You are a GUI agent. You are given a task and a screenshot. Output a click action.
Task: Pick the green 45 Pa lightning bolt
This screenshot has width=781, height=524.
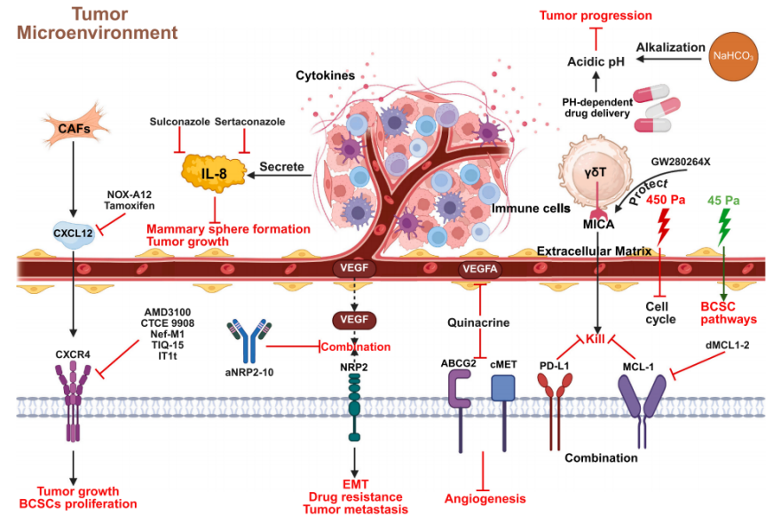[724, 228]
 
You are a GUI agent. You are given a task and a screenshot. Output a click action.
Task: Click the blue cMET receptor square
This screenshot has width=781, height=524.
[503, 388]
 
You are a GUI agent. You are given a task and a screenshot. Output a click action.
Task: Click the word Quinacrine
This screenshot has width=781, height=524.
[480, 323]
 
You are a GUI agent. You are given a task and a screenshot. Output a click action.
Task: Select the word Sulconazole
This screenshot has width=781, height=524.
[179, 122]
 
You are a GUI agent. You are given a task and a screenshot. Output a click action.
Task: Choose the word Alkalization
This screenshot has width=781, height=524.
[667, 45]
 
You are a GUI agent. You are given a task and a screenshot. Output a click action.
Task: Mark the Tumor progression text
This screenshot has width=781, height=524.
[596, 15]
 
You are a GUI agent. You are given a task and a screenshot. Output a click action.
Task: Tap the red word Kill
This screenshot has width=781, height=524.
[596, 340]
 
